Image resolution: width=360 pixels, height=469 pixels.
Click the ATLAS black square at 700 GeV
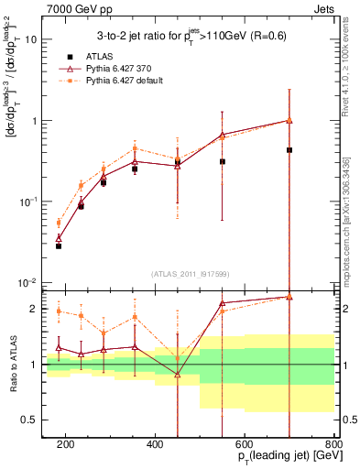(x=289, y=149)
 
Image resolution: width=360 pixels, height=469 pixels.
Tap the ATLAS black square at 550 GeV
(x=223, y=161)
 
